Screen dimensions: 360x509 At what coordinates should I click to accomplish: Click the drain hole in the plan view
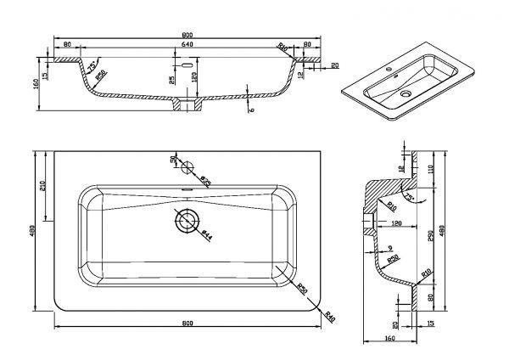coord(185,222)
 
